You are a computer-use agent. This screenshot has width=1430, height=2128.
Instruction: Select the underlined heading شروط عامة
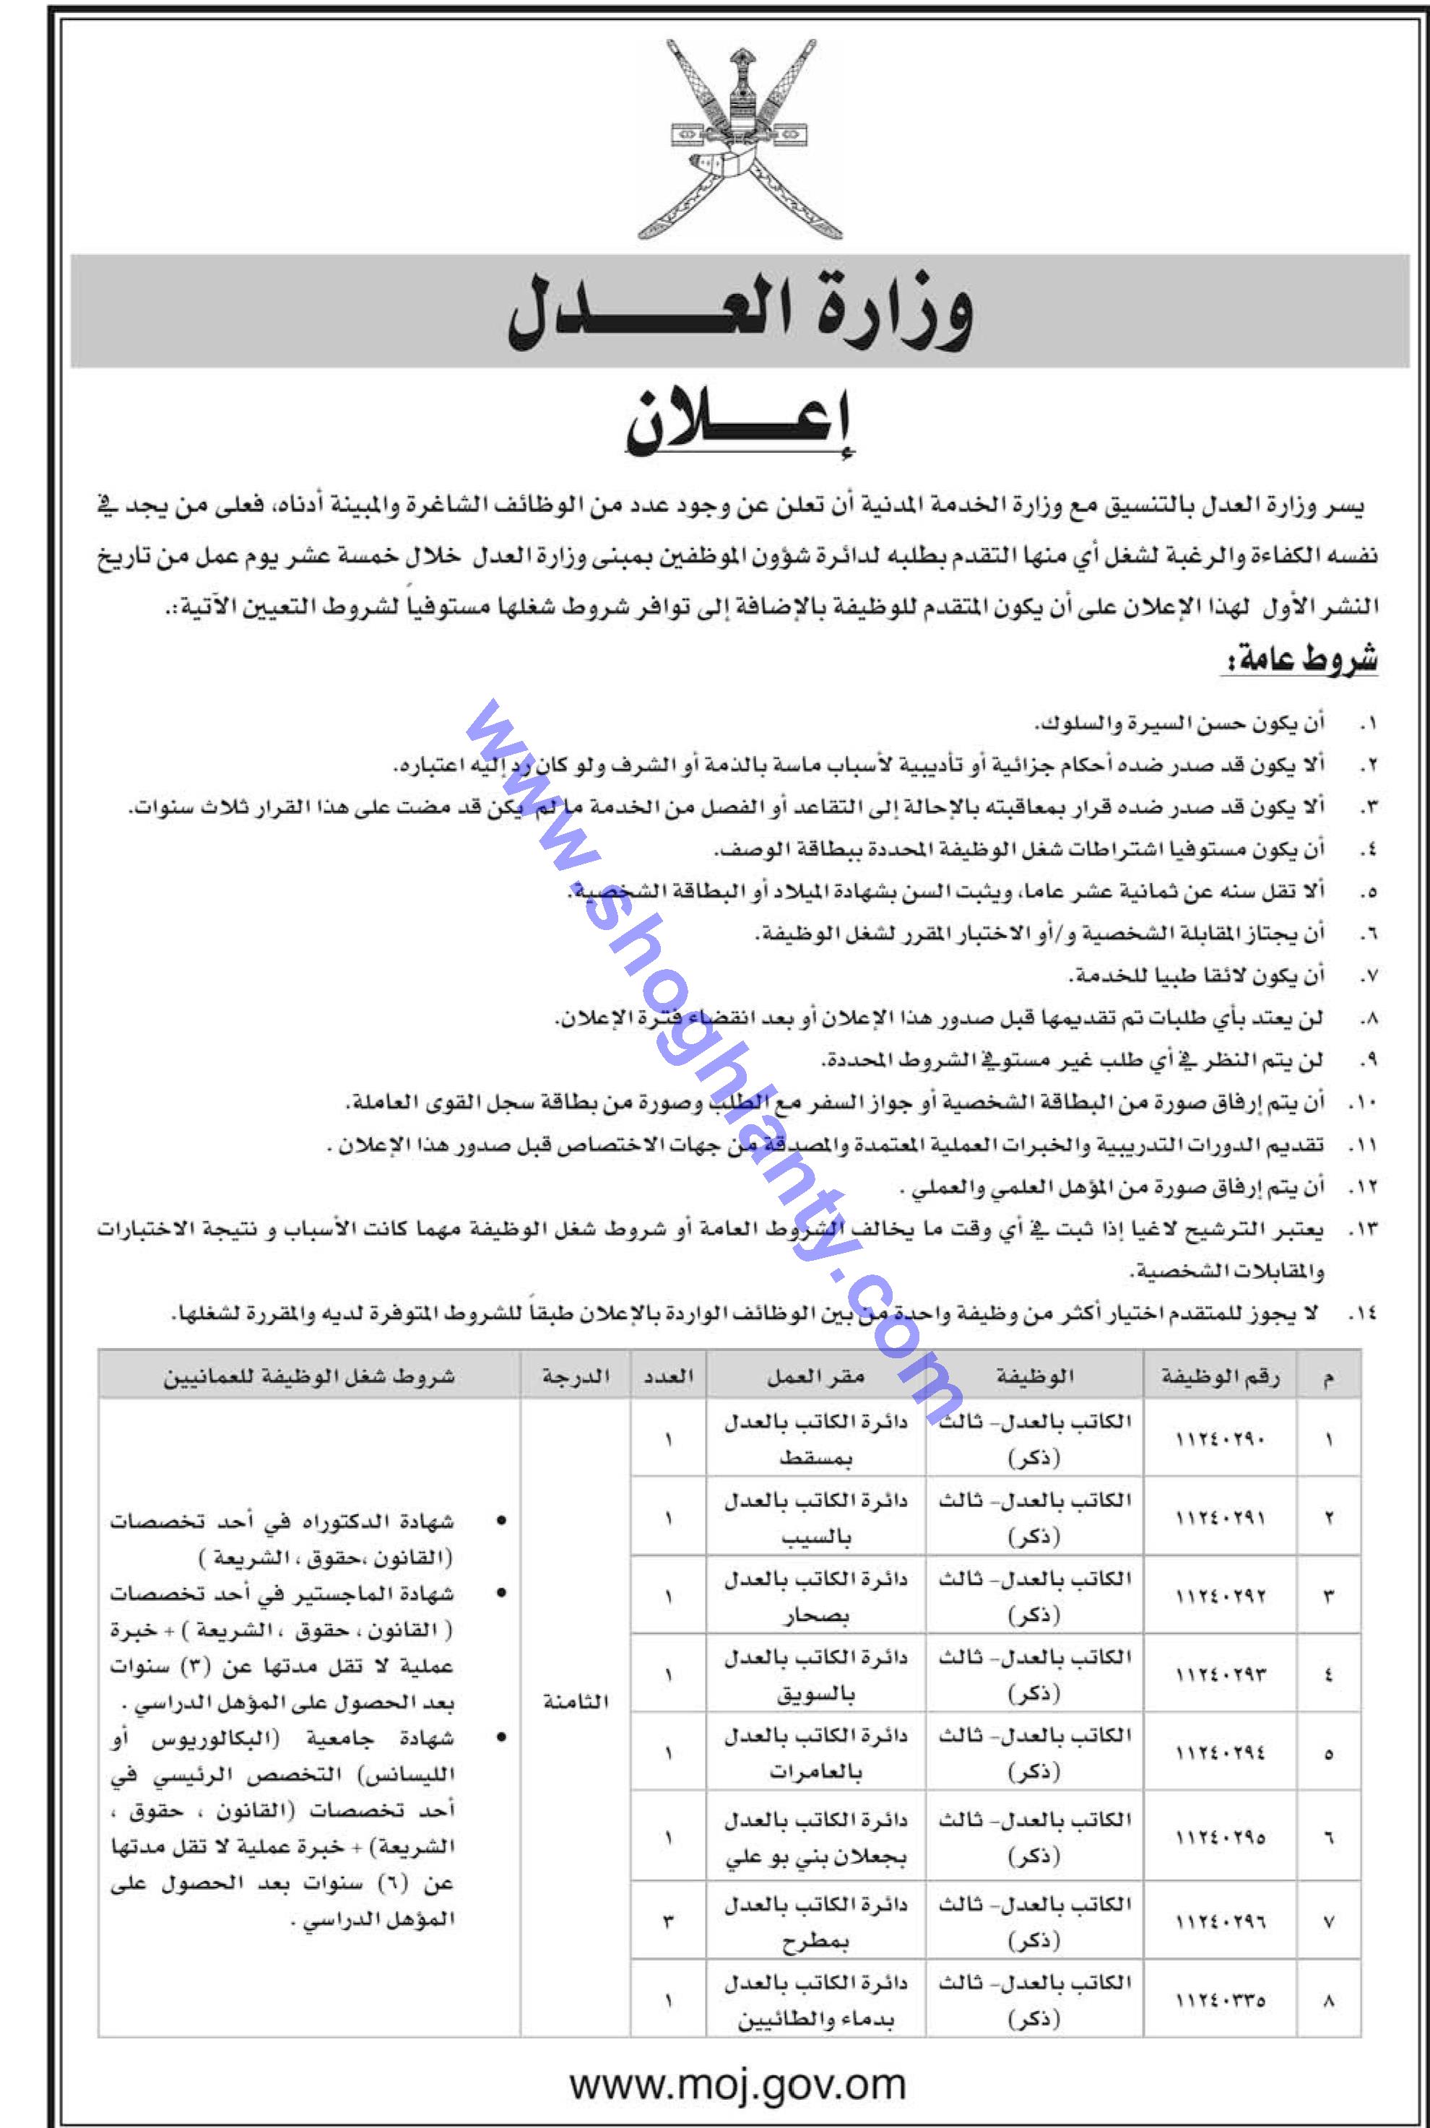point(1299,660)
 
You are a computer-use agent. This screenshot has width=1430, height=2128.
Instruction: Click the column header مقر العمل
point(815,1378)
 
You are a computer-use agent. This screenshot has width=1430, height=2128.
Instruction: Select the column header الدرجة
point(576,1378)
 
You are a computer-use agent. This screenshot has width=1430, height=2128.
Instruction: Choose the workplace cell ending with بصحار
point(815,1597)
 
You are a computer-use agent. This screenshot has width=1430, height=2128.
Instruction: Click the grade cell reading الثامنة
point(576,1702)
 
